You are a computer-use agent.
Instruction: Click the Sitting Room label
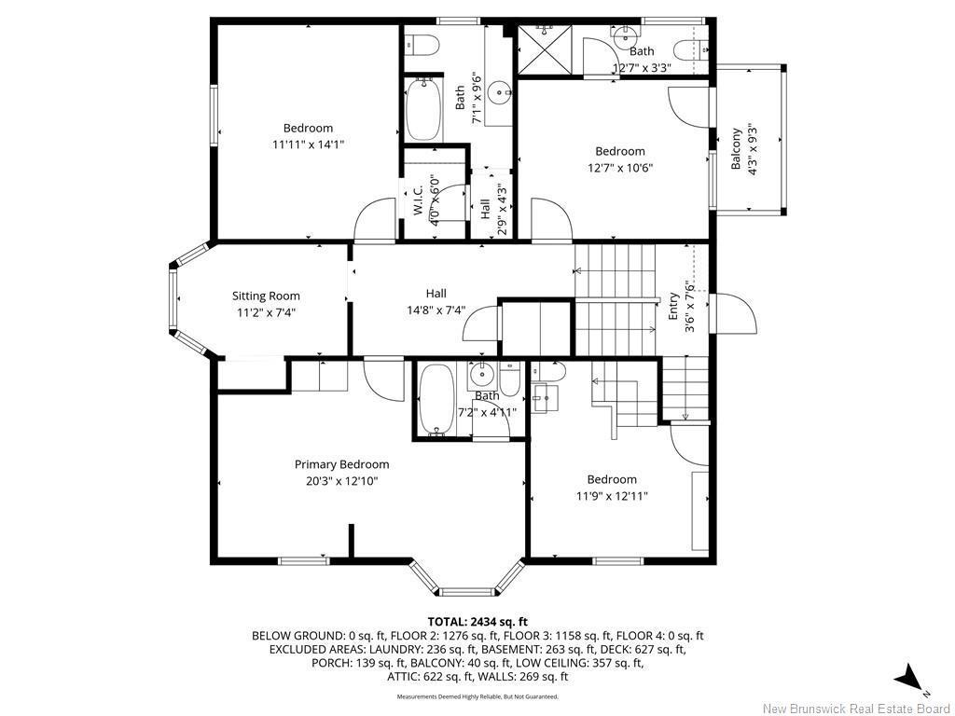[266, 296]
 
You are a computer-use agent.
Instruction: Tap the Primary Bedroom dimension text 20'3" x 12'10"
[341, 481]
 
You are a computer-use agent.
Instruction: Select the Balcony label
[736, 148]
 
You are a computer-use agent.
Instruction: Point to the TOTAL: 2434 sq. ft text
[477, 621]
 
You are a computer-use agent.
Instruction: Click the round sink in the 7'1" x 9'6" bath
[502, 92]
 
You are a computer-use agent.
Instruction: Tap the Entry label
[674, 307]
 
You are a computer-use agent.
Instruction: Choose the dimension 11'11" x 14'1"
[308, 145]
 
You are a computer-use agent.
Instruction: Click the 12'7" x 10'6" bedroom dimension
[619, 168]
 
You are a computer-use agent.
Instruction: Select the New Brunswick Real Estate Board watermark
[855, 709]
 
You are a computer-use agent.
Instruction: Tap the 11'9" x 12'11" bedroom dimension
[611, 496]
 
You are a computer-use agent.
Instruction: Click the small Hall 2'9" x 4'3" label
[485, 208]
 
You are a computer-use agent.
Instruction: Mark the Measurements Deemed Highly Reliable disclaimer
[477, 696]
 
